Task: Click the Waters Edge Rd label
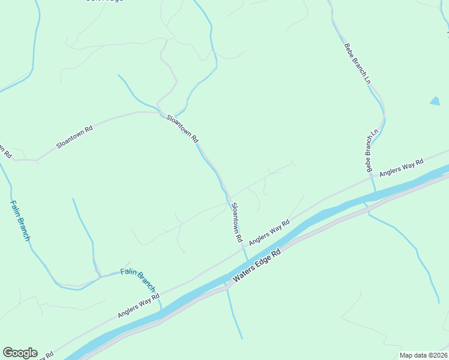click(x=256, y=267)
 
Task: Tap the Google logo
click(x=20, y=353)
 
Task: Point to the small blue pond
click(x=435, y=101)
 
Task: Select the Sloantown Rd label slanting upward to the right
click(x=74, y=137)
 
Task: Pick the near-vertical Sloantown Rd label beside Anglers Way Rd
click(x=237, y=222)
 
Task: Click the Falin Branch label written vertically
click(x=20, y=220)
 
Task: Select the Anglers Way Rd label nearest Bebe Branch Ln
click(x=402, y=167)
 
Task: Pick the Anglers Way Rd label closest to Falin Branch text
click(x=138, y=305)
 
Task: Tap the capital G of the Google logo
click(x=8, y=353)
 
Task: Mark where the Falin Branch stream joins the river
click(x=161, y=307)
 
